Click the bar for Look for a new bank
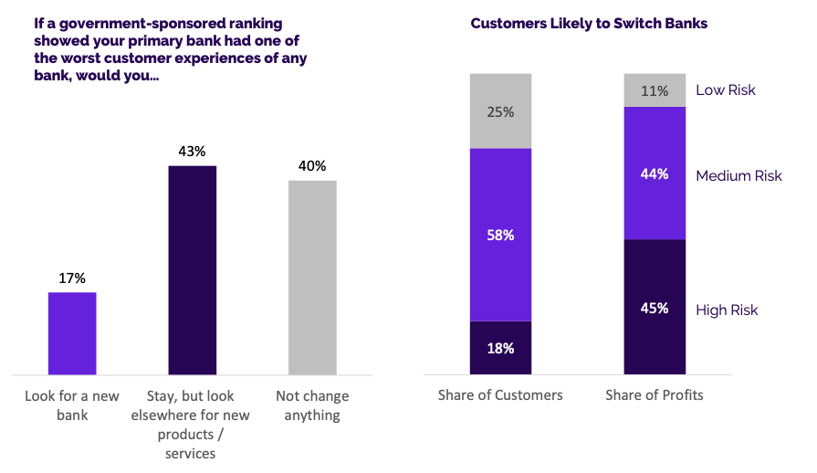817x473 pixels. (72, 333)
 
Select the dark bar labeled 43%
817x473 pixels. (193, 269)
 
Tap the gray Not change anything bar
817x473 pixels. (312, 277)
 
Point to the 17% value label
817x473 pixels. (72, 278)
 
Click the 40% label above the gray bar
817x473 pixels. (312, 166)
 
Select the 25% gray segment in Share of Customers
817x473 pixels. (500, 111)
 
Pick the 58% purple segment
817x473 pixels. (500, 235)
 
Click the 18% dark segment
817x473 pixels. (500, 348)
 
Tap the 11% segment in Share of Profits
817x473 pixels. (655, 90)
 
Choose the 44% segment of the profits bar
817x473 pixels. (655, 173)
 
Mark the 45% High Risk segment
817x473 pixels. (655, 307)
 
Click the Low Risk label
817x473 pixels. (726, 89)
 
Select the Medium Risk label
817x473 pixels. (738, 175)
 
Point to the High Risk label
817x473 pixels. (727, 310)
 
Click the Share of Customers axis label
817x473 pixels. (500, 395)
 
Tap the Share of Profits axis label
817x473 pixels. (655, 395)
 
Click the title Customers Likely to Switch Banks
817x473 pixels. (589, 23)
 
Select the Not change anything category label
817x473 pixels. (312, 405)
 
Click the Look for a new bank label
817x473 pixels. (72, 405)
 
